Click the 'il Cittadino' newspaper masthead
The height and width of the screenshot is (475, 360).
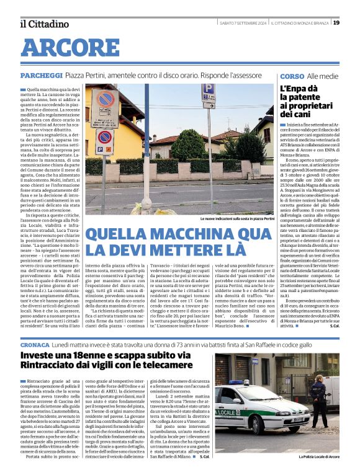(x=44, y=24)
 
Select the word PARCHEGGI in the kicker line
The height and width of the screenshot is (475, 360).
(x=41, y=75)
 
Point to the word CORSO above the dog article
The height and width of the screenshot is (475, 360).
(x=292, y=76)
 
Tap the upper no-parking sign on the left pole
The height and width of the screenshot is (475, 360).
(x=104, y=99)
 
